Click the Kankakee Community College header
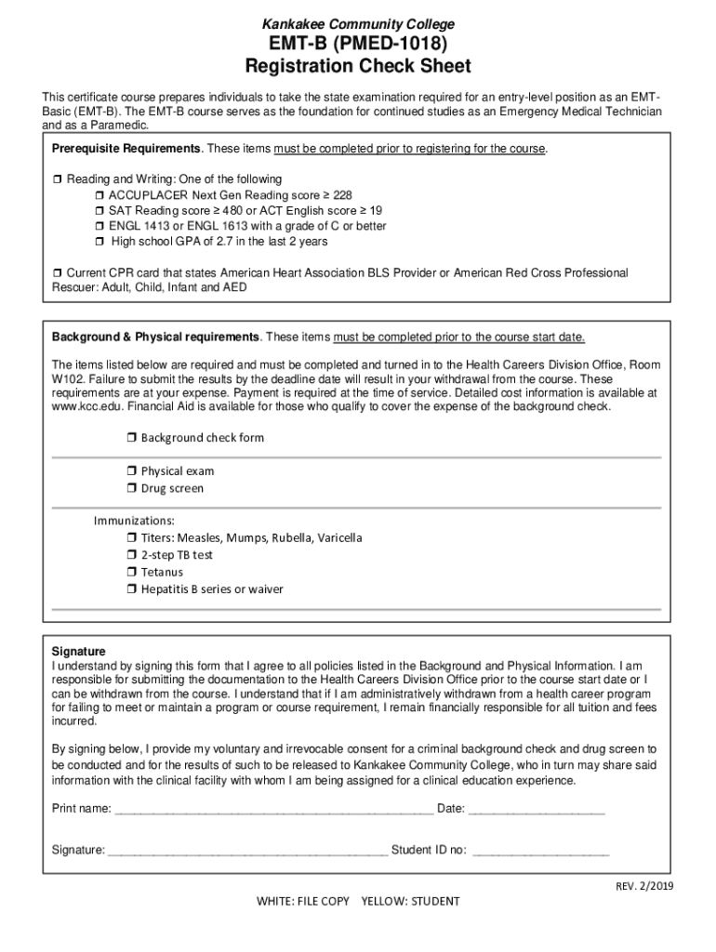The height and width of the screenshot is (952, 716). (357, 24)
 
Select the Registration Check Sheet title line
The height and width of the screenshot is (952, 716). (357, 67)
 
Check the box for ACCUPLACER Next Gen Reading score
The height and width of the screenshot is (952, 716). (100, 195)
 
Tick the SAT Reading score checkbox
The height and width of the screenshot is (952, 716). (100, 211)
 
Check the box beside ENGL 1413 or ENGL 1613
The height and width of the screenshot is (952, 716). (100, 227)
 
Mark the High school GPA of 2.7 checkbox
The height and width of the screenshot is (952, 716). (100, 243)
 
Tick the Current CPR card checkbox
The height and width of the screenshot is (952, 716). (57, 273)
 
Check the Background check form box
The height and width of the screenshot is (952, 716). (132, 438)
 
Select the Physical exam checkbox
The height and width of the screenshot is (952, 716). (132, 471)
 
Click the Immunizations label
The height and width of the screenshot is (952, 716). (134, 521)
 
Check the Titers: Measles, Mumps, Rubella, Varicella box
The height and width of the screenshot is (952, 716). (132, 538)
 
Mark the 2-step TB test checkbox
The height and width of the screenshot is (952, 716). (132, 555)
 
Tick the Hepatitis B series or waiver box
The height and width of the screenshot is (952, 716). (132, 589)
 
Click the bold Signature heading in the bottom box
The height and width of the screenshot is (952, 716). (79, 652)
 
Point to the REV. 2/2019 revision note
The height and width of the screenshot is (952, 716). (643, 886)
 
